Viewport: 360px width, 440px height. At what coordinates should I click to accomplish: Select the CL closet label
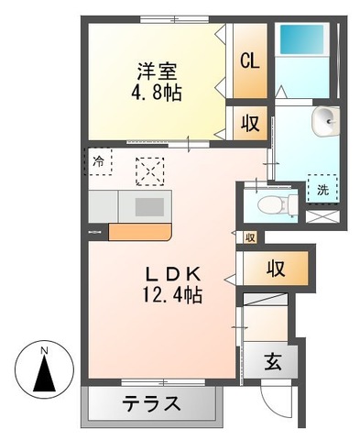(248, 61)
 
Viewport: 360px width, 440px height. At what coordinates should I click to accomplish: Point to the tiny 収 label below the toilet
(249, 237)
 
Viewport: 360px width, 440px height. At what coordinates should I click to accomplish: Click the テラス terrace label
(152, 403)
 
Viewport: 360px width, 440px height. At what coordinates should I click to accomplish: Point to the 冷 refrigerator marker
(100, 161)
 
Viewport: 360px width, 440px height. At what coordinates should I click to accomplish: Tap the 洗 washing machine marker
(322, 190)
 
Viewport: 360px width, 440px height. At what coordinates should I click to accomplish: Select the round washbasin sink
(325, 119)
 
